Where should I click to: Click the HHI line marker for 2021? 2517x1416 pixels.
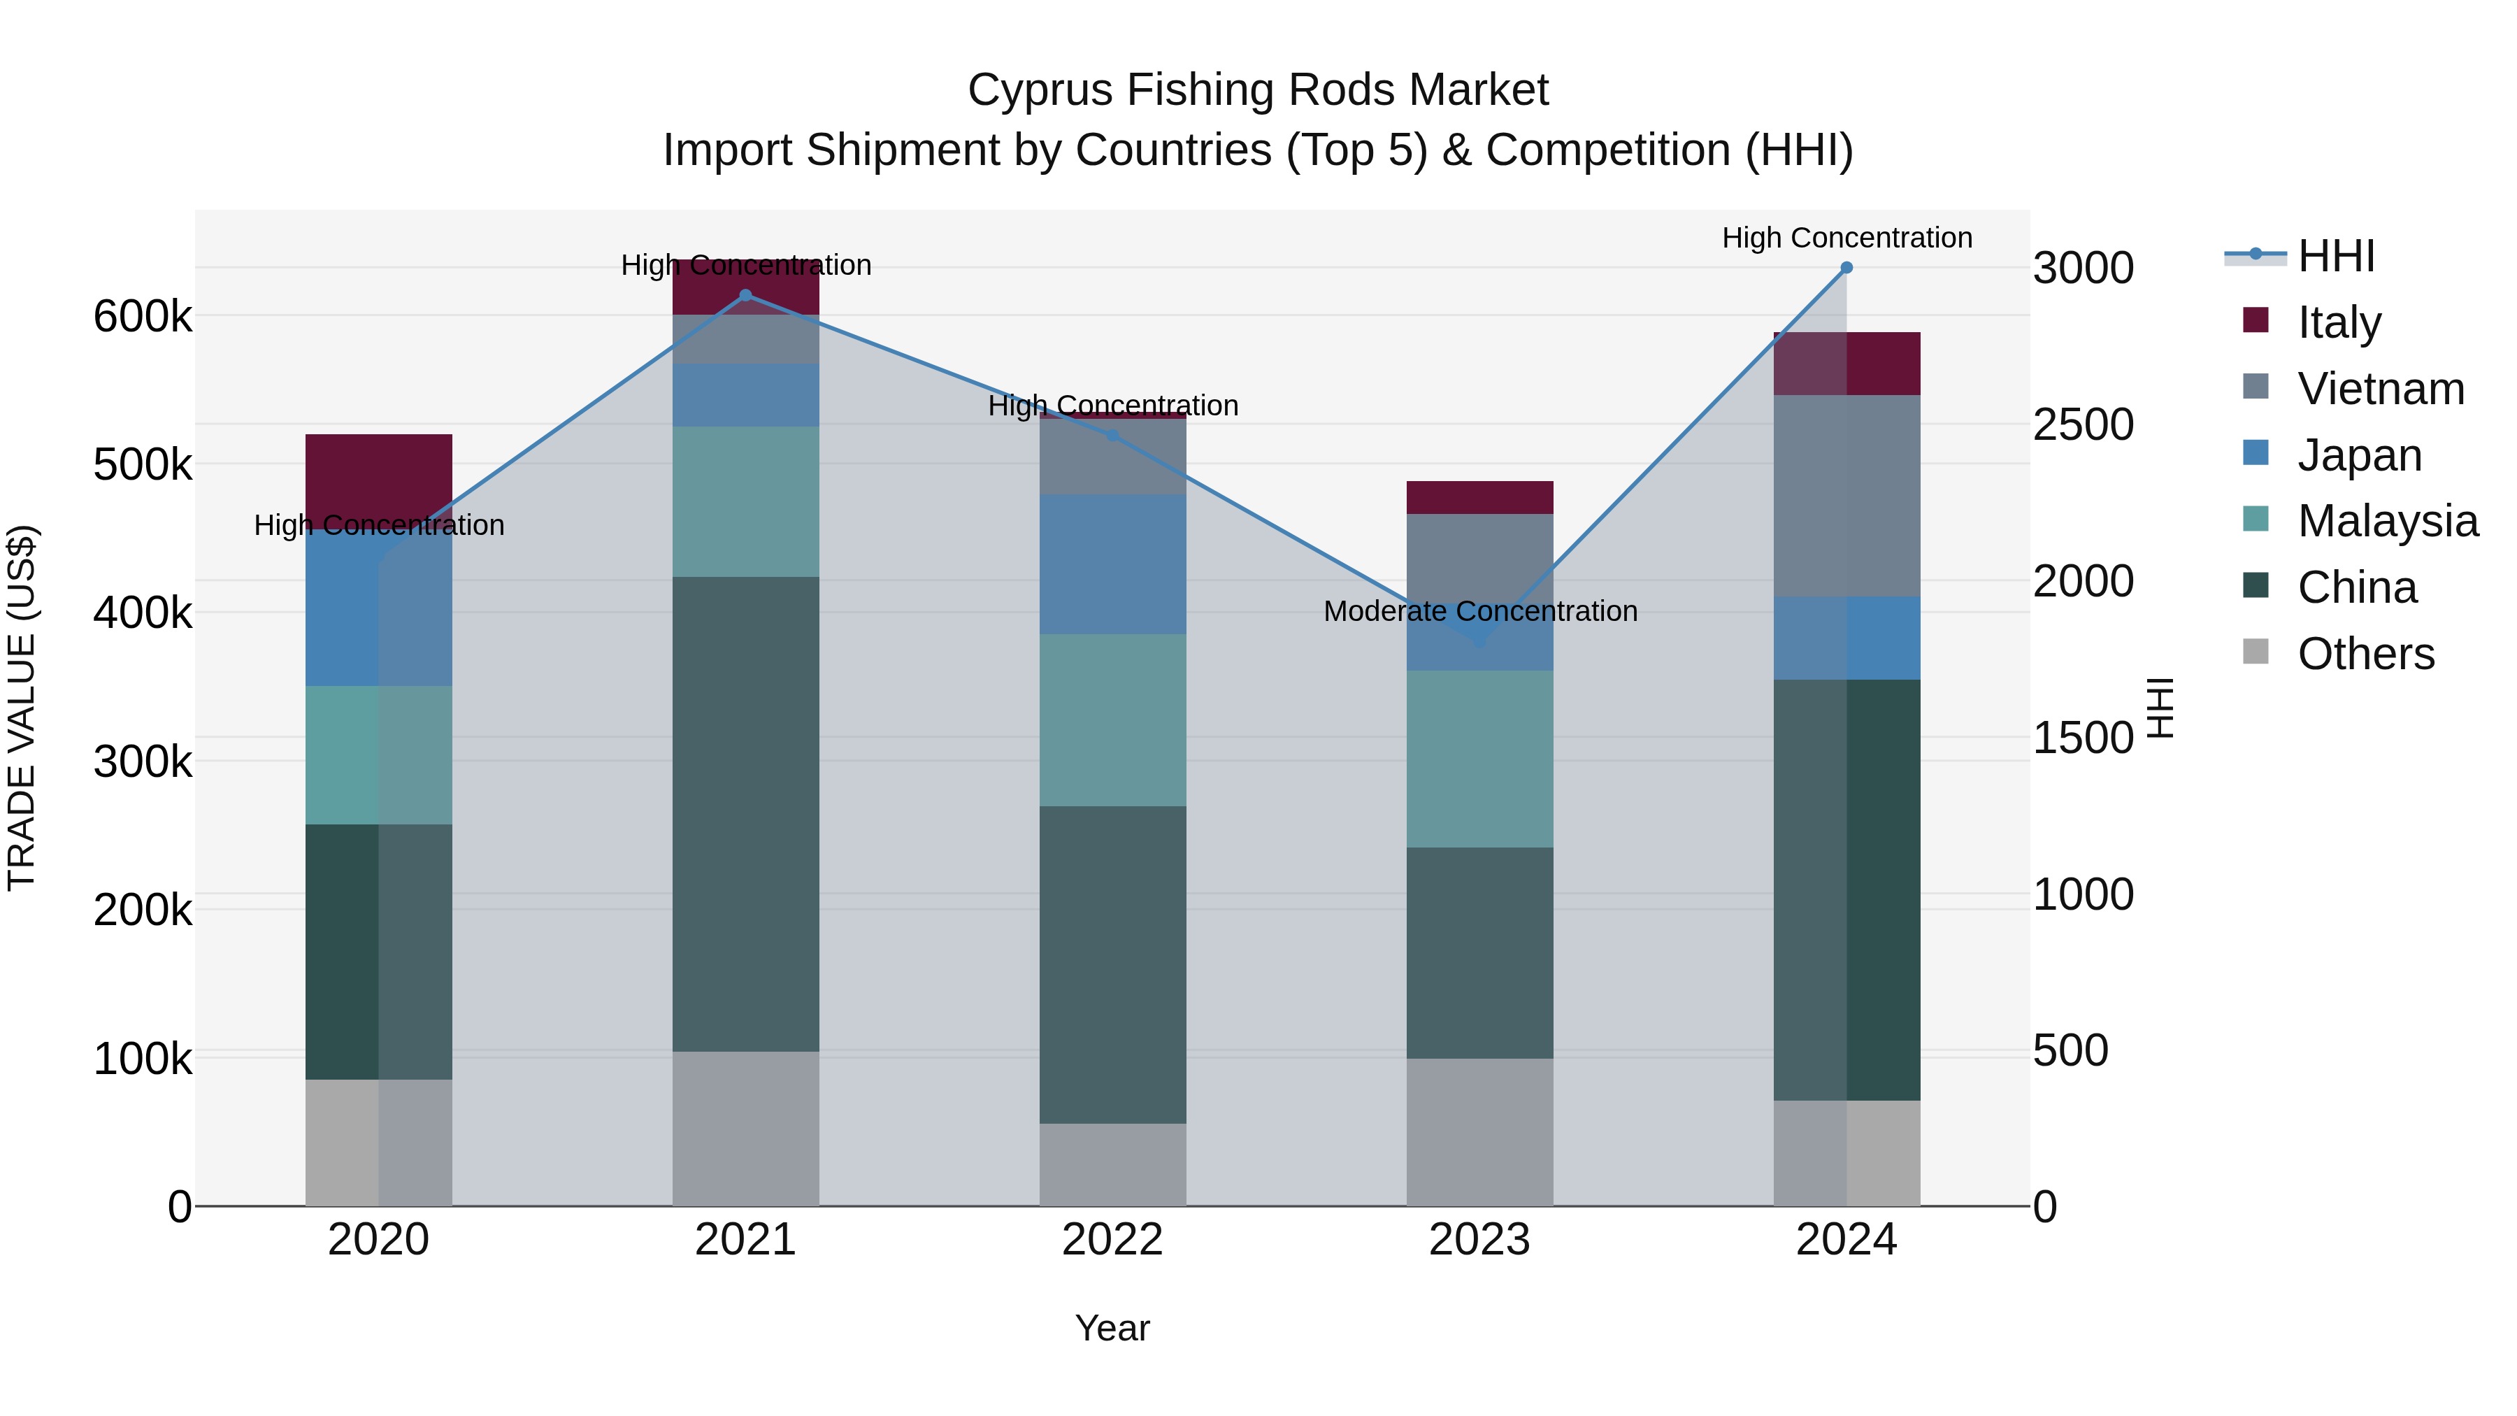tap(745, 295)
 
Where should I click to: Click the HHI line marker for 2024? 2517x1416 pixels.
tap(1846, 268)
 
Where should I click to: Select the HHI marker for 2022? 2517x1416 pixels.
tap(1112, 436)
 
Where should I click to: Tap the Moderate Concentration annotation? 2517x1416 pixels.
tap(1479, 612)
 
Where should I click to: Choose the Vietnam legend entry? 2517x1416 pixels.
tap(2380, 389)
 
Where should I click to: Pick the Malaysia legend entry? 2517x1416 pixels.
tap(2386, 521)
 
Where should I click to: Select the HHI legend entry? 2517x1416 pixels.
tap(2335, 256)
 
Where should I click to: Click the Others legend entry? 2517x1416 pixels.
tap(2365, 654)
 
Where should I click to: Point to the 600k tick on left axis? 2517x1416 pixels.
tap(143, 317)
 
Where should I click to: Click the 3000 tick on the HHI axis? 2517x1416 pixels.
tap(2084, 269)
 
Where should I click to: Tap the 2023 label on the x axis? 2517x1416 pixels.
tap(1479, 1240)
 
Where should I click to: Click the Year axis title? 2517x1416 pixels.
tap(1112, 1328)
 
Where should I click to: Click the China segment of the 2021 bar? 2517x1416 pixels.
tap(745, 813)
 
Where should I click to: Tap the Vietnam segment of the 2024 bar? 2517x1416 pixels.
tap(1846, 496)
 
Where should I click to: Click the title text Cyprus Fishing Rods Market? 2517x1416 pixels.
tap(1258, 90)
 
